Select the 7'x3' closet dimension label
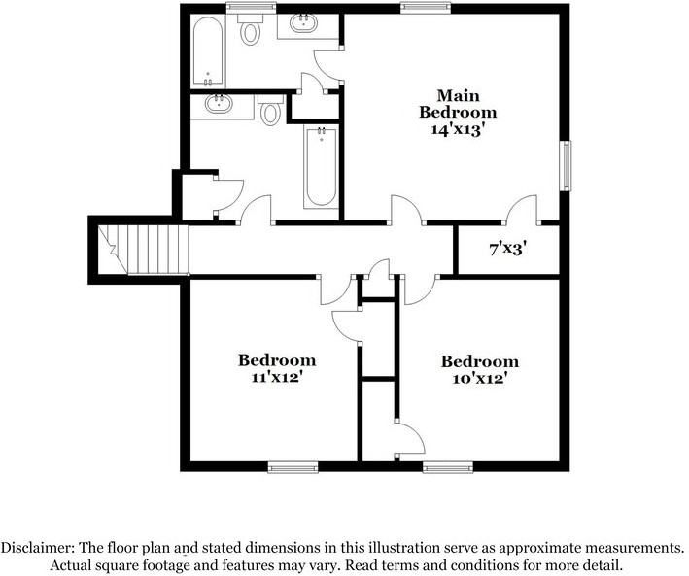click(x=507, y=250)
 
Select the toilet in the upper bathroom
click(x=252, y=32)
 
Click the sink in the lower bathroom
click(x=218, y=104)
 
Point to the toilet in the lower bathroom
click(x=272, y=112)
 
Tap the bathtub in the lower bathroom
click(x=321, y=167)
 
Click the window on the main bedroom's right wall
click(x=565, y=166)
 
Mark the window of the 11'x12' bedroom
click(x=293, y=467)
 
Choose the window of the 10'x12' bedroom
click(x=448, y=467)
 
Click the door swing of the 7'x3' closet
click(x=523, y=209)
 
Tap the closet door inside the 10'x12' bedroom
click(x=408, y=436)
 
